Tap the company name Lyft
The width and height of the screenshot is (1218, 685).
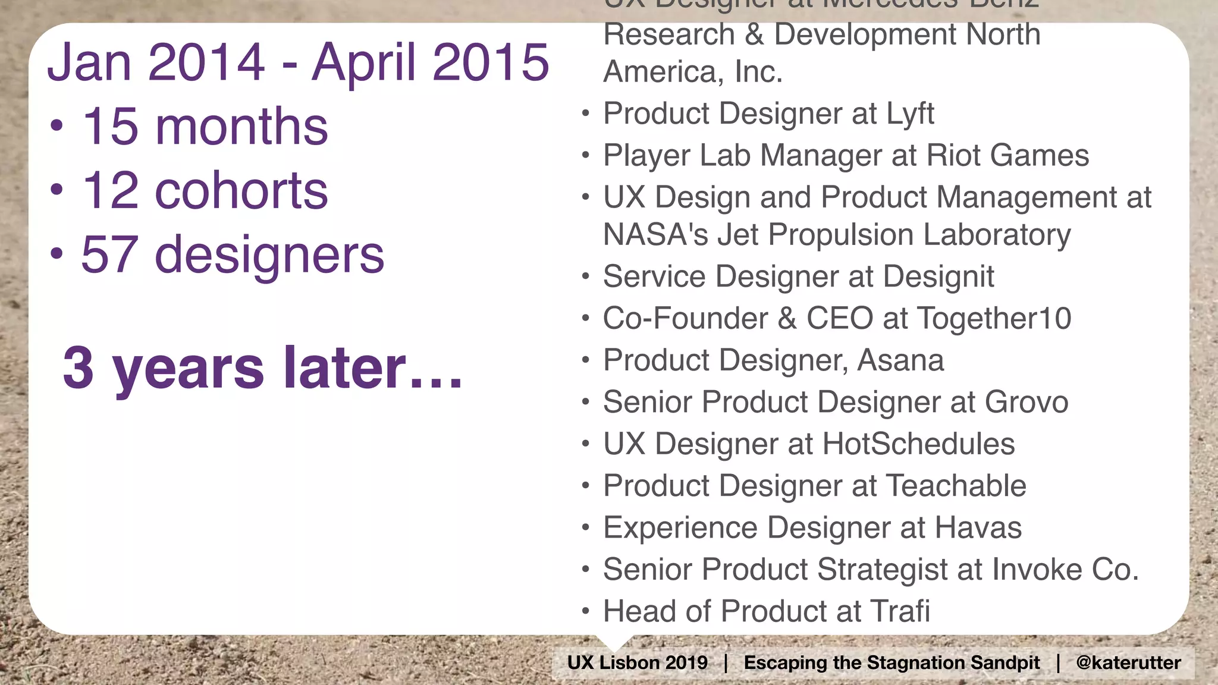[910, 114]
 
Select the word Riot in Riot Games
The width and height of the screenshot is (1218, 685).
[953, 156]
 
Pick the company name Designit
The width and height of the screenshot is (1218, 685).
[938, 276]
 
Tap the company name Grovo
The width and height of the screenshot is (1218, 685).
[1026, 402]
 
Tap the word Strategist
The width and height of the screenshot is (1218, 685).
[883, 570]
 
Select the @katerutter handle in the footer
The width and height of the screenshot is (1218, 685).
[1128, 662]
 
